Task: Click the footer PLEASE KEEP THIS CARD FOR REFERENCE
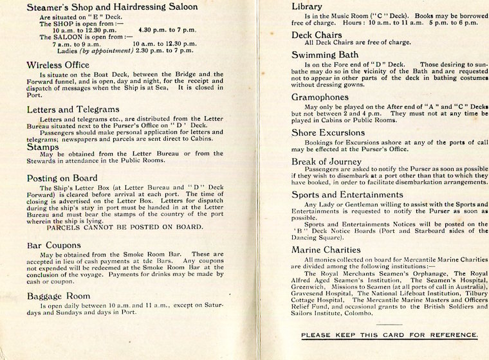[x=389, y=334]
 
